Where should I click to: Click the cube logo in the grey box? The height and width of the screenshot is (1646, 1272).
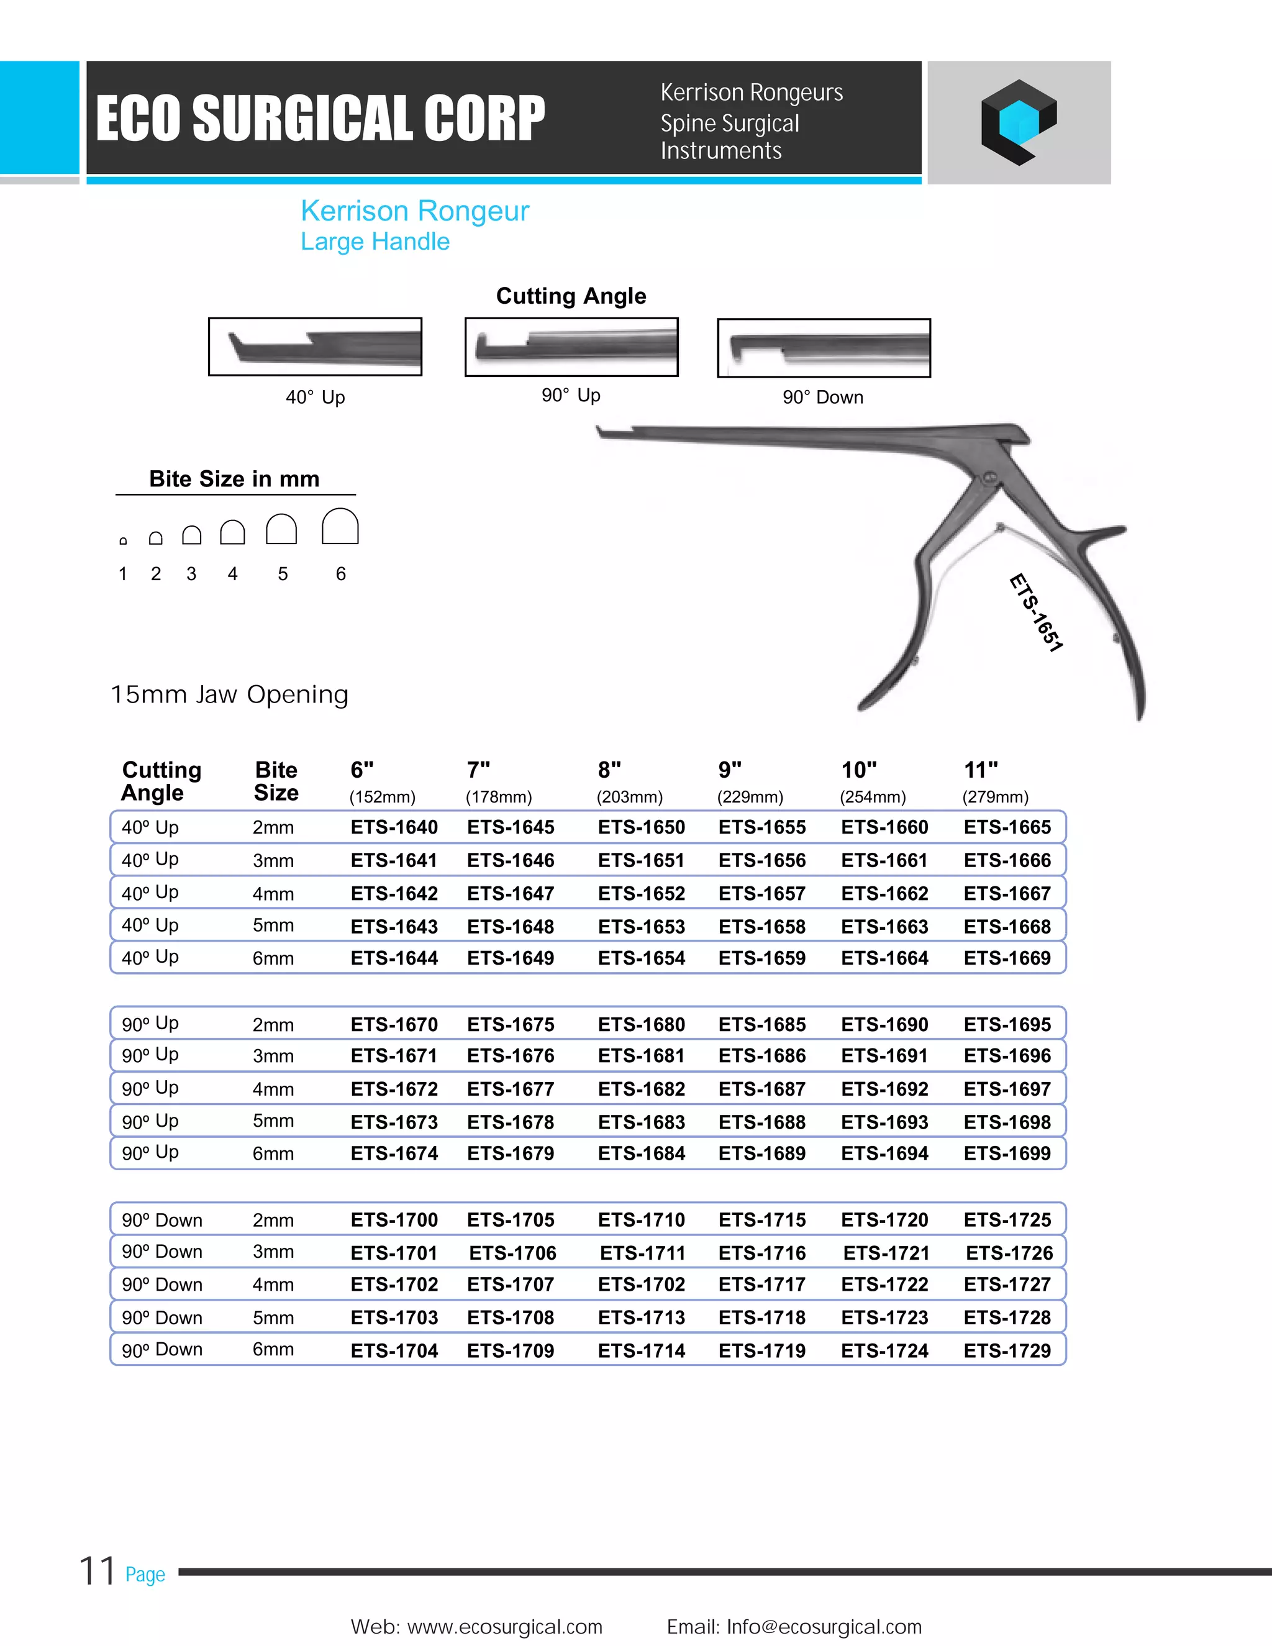(x=1018, y=122)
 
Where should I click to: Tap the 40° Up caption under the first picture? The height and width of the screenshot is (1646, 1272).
(x=315, y=397)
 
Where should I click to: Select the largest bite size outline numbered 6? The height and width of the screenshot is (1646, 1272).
(x=340, y=526)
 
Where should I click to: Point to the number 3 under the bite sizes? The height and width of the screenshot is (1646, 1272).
(x=191, y=575)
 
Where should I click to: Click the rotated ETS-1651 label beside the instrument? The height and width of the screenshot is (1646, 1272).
(x=1036, y=612)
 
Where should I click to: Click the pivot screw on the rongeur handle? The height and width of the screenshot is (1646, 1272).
(x=989, y=478)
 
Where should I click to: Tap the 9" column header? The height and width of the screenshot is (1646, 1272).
(x=729, y=770)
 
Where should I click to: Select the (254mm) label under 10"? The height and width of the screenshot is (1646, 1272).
(x=873, y=797)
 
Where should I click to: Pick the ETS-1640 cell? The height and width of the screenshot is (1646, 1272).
(x=394, y=827)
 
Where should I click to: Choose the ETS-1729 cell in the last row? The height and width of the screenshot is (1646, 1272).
(x=1007, y=1350)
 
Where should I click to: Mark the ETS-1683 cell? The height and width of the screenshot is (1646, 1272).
(x=641, y=1122)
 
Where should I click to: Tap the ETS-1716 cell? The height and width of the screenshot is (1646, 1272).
(x=762, y=1253)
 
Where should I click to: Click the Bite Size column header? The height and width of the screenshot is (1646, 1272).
(x=276, y=781)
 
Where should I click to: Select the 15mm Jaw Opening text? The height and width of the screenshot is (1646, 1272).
(x=230, y=694)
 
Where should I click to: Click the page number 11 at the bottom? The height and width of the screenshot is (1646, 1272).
(x=98, y=1571)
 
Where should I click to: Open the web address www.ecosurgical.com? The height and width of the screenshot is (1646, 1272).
(x=504, y=1626)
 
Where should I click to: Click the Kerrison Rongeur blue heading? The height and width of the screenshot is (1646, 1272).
(x=414, y=211)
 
